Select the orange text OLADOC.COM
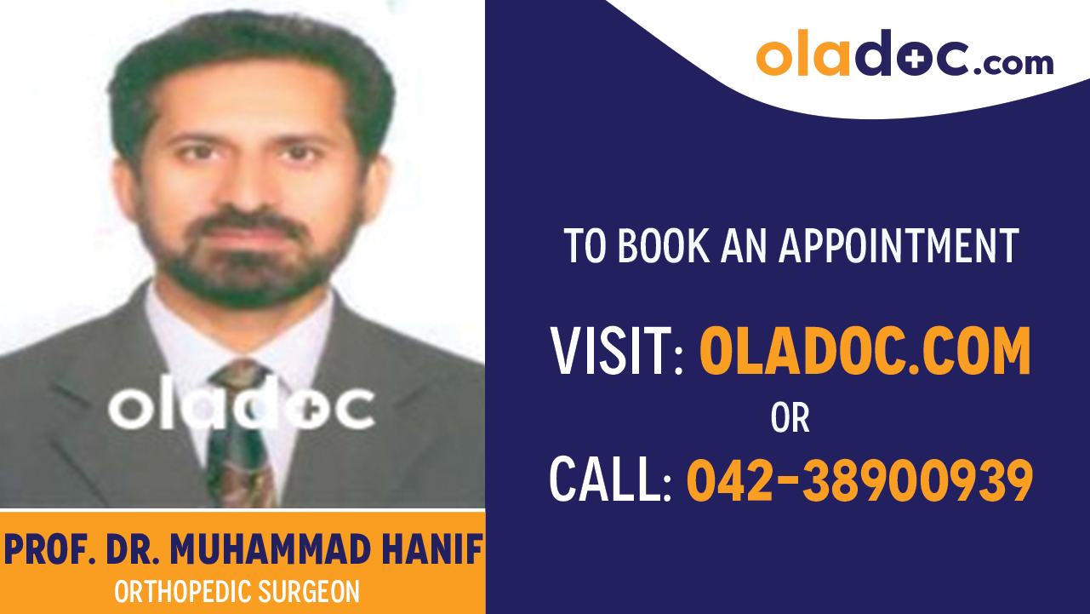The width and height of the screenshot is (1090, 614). (865, 352)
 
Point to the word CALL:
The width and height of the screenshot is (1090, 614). (610, 479)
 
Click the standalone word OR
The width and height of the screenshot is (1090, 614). (790, 417)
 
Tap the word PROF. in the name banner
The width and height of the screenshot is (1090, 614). (49, 551)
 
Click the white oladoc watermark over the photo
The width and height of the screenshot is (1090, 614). (242, 408)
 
